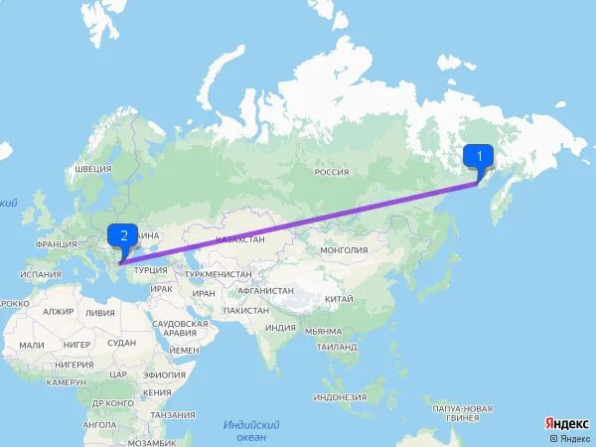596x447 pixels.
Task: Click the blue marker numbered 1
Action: pyautogui.click(x=480, y=156)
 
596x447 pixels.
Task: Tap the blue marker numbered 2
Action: pyautogui.click(x=123, y=236)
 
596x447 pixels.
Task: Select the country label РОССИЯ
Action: pyautogui.click(x=331, y=172)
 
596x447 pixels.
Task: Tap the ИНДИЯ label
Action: pyautogui.click(x=281, y=327)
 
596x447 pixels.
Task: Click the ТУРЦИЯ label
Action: pyautogui.click(x=151, y=270)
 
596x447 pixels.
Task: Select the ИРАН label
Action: pyautogui.click(x=204, y=293)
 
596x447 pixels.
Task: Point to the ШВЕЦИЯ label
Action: pyautogui.click(x=92, y=169)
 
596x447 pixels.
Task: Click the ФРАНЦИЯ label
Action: pyautogui.click(x=56, y=244)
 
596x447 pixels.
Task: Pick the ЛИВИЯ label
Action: pyautogui.click(x=99, y=312)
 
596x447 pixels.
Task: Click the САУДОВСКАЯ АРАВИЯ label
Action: pyautogui.click(x=180, y=329)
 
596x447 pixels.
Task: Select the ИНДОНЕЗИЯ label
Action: pyautogui.click(x=340, y=397)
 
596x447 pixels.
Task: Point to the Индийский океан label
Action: pyautogui.click(x=251, y=430)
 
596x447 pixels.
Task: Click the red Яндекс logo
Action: pyautogui.click(x=564, y=423)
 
